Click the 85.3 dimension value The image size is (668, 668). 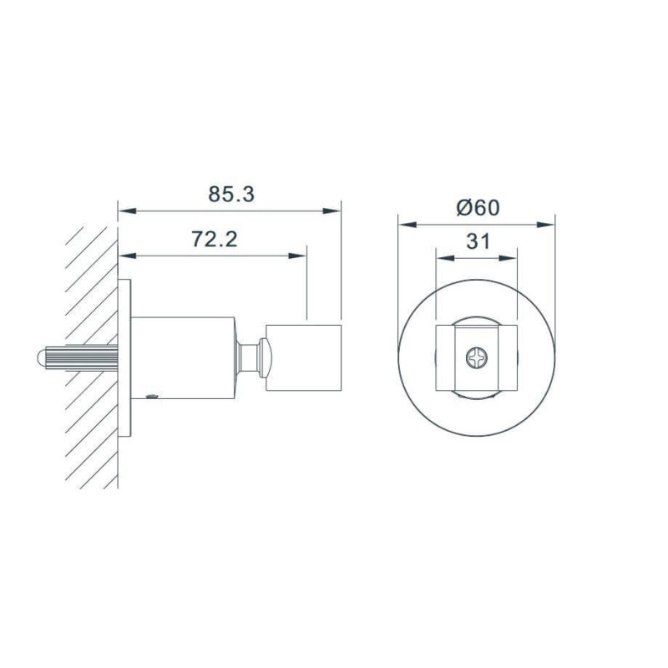pyautogui.click(x=231, y=194)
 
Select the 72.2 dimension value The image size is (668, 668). pyautogui.click(x=214, y=239)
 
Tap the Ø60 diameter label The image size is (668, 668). pyautogui.click(x=478, y=207)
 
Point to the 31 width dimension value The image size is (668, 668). pyautogui.click(x=478, y=241)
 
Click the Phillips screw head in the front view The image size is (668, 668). pyautogui.click(x=476, y=357)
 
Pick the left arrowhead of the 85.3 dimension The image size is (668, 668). pyautogui.click(x=127, y=211)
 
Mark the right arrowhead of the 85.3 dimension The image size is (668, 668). pyautogui.click(x=331, y=211)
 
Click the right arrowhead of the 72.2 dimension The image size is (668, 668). pyautogui.click(x=297, y=256)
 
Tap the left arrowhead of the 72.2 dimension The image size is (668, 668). pyautogui.click(x=127, y=256)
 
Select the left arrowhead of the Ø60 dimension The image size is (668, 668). pyautogui.click(x=407, y=225)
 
